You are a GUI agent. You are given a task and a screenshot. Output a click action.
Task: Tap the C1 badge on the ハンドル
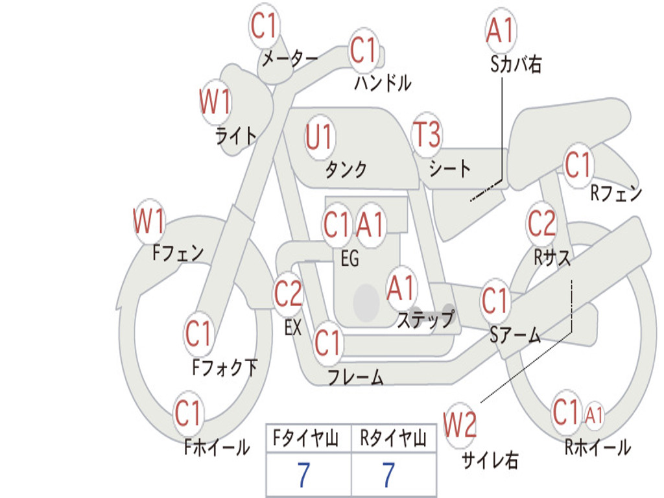(364, 50)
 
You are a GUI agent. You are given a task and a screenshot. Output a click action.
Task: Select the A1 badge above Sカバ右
(500, 30)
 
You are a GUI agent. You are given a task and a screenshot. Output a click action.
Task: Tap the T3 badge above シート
(426, 136)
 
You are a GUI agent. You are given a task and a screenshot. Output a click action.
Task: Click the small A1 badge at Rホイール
(594, 416)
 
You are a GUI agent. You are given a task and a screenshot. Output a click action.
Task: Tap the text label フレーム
(355, 377)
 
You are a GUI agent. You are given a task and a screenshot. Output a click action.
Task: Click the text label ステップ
(425, 320)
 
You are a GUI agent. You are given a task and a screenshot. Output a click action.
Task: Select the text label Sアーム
(515, 335)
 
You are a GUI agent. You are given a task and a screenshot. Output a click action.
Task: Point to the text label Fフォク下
(224, 368)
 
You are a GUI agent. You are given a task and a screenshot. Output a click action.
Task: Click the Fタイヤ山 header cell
(308, 440)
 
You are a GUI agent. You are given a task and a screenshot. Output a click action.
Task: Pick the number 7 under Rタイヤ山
(388, 476)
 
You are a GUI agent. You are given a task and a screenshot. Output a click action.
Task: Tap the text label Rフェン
(615, 193)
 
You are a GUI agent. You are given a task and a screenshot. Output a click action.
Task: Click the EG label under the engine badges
(350, 259)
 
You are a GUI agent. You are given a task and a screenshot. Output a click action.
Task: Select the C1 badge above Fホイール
(189, 413)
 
